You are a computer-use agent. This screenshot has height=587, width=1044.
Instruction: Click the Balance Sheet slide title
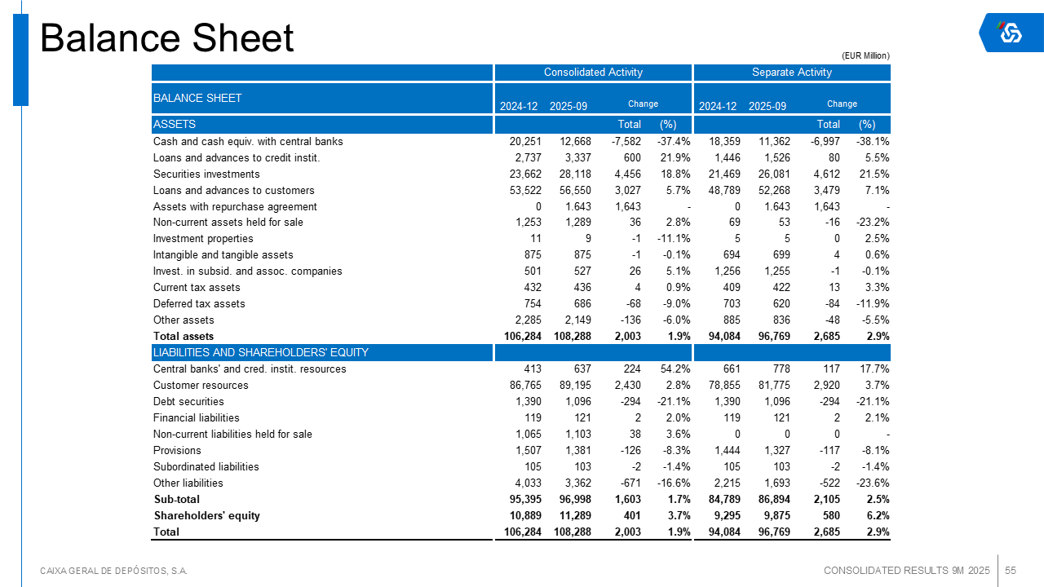click(x=167, y=38)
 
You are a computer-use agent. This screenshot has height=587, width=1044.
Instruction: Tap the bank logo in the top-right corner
click(x=1011, y=33)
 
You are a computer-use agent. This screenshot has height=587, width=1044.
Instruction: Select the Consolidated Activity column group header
click(x=593, y=73)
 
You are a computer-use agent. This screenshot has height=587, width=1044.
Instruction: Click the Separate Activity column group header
click(x=791, y=73)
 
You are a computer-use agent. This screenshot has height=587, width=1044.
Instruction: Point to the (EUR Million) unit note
click(x=865, y=55)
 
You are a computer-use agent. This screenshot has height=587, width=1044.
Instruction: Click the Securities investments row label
click(x=206, y=174)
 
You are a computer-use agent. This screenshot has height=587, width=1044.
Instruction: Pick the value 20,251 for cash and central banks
click(x=525, y=141)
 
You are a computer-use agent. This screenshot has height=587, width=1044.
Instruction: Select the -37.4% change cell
click(x=674, y=141)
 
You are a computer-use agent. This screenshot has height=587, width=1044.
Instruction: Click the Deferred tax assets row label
click(x=199, y=304)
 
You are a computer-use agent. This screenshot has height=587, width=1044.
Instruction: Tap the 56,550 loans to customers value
click(x=575, y=190)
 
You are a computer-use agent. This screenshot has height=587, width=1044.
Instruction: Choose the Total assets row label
click(x=184, y=337)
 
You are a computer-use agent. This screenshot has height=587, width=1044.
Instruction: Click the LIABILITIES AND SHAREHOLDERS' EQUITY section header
click(x=261, y=352)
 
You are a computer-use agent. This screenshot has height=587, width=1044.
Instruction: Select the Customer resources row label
click(x=201, y=386)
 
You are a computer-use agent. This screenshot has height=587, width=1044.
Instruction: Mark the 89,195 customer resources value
click(x=575, y=386)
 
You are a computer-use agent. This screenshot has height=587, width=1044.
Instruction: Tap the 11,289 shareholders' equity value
click(x=575, y=515)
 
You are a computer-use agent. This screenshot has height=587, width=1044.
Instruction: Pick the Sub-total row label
click(x=177, y=499)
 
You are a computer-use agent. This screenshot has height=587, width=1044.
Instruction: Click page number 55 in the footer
click(x=1010, y=570)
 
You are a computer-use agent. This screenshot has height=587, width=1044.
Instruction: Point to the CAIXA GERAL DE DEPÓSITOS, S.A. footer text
click(x=114, y=571)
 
